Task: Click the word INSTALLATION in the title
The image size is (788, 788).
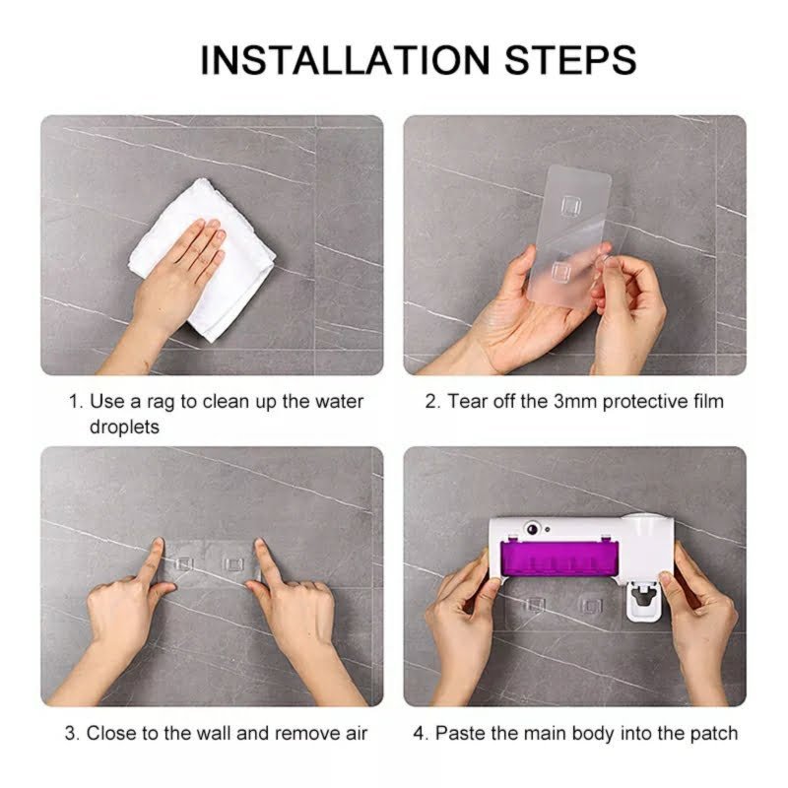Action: click(345, 60)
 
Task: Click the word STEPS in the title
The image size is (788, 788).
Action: click(570, 60)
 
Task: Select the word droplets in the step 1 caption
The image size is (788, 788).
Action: click(124, 427)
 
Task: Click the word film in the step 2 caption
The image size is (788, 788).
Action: click(706, 401)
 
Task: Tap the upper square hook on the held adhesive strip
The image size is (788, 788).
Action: click(570, 205)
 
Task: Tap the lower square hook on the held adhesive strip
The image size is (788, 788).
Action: click(560, 272)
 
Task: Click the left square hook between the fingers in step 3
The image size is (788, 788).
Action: click(184, 563)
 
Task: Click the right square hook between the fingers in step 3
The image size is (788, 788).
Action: click(232, 563)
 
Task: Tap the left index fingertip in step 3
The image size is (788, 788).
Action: click(159, 543)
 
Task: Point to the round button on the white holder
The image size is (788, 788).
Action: click(532, 529)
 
